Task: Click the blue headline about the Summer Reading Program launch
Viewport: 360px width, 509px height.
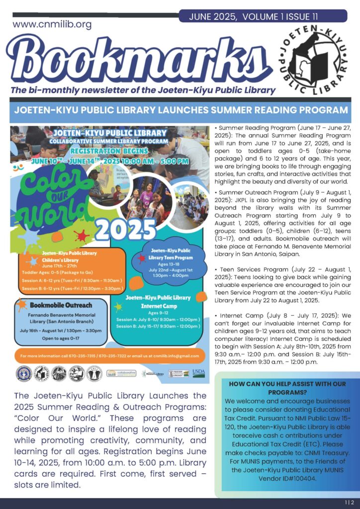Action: [x=180, y=110]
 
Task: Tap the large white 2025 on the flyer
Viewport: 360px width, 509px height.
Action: [x=126, y=228]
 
